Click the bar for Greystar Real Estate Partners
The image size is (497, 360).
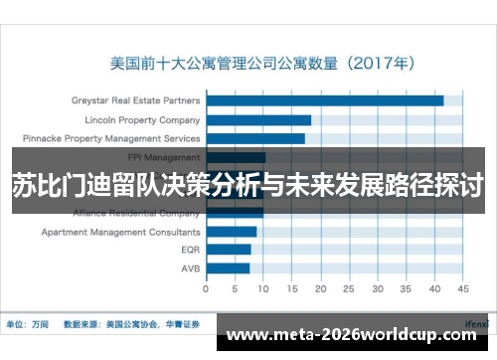pos(324,100)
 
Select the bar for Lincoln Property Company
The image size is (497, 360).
pos(258,119)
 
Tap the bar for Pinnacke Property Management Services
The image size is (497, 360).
pos(255,138)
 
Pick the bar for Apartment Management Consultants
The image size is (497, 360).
pos(231,232)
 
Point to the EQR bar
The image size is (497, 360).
pos(228,250)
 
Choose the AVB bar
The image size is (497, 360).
pos(228,269)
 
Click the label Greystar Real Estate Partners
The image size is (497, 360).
pos(135,100)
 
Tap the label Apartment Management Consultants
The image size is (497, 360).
pos(120,232)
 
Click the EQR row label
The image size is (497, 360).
pos(191,250)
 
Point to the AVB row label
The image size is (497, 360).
pos(191,269)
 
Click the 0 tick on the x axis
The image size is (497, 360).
pos(206,290)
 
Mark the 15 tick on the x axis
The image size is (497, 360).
pos(291,290)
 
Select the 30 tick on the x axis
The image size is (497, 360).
pos(377,290)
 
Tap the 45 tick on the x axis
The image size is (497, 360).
pos(462,290)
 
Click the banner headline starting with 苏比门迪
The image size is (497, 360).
pos(248,185)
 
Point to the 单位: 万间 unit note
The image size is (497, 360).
pos(27,324)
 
